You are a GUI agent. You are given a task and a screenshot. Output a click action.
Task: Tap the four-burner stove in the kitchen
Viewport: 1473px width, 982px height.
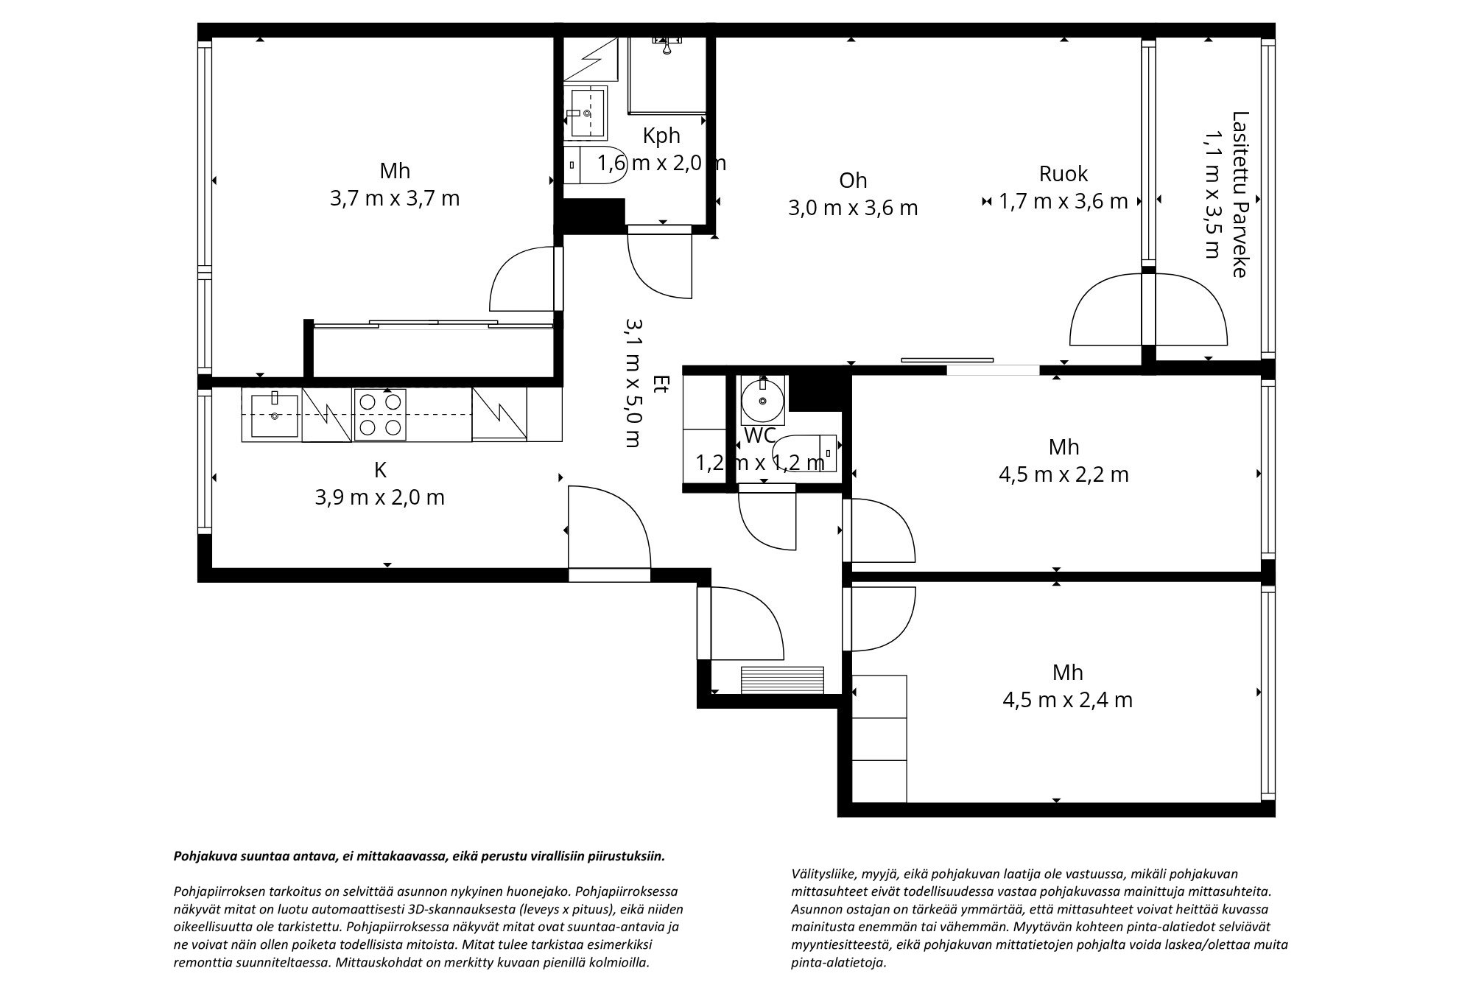pos(380,415)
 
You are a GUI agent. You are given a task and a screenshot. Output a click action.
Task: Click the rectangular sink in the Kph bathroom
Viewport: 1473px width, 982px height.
pos(587,113)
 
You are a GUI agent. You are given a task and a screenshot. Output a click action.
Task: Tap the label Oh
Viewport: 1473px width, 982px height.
pos(853,180)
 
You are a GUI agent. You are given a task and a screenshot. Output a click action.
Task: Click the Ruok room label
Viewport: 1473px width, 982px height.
pos(1064,174)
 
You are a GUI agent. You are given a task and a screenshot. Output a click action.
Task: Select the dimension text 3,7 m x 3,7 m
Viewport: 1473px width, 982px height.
pos(395,198)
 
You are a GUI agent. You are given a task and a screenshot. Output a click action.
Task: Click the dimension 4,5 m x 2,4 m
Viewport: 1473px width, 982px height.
pos(1067,699)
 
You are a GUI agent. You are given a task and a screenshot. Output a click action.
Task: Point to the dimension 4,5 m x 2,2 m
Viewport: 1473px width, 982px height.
pos(1064,474)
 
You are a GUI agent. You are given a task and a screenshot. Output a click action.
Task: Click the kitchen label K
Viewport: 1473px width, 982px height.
pos(380,469)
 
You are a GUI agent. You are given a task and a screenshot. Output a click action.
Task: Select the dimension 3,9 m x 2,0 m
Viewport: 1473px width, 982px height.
pos(380,497)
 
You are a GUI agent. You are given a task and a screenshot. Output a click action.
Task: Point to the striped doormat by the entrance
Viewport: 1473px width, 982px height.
pos(782,679)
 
